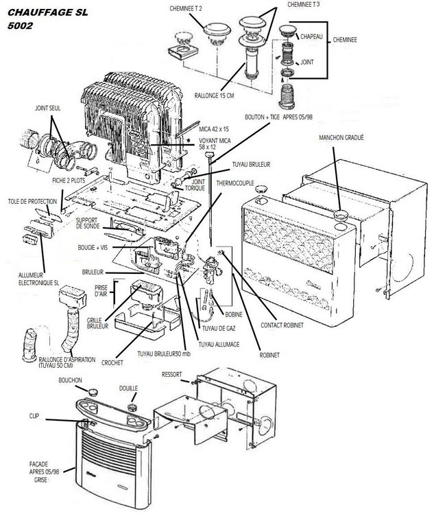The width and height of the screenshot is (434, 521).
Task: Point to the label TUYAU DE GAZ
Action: [224, 330]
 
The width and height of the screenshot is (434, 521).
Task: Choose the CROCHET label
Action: [112, 362]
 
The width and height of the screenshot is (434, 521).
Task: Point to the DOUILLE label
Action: [128, 389]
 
